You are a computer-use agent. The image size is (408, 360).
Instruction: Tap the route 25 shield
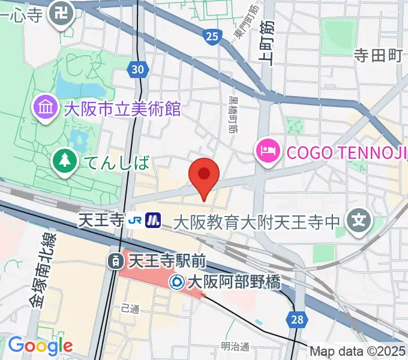(x=211, y=37)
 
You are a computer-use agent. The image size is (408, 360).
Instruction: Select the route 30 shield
(x=137, y=70)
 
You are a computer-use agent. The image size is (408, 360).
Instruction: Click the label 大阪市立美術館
(x=122, y=109)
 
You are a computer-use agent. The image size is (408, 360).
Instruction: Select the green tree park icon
(x=63, y=160)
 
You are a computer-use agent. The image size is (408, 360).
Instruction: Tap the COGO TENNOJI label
(x=343, y=151)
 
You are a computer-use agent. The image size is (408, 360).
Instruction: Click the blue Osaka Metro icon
(x=154, y=221)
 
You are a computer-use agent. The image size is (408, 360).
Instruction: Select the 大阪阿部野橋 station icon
(x=177, y=281)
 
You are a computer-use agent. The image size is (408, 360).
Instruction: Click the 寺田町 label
(x=377, y=56)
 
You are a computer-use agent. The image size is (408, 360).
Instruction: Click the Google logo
(x=40, y=346)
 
